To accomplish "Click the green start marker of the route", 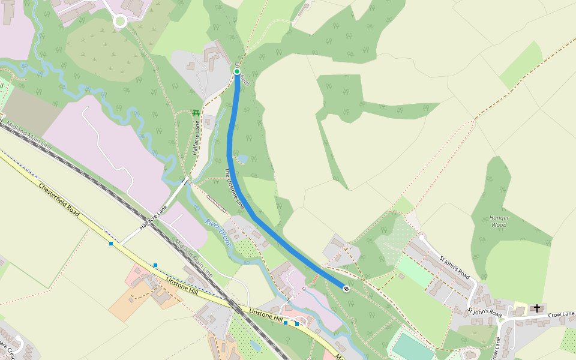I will [x=237, y=72].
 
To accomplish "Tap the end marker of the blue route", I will [x=346, y=289].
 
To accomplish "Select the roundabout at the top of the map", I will [x=119, y=21].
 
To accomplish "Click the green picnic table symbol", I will [x=196, y=113].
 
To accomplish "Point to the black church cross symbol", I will [x=537, y=308].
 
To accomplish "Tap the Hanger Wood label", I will [x=499, y=221].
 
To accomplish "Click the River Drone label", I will [x=218, y=230].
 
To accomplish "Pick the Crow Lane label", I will [x=561, y=314].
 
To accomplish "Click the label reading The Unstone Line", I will [x=234, y=188].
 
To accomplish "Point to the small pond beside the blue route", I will [x=242, y=160].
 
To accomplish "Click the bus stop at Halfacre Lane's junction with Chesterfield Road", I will [x=111, y=243].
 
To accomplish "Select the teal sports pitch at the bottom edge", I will [x=413, y=347].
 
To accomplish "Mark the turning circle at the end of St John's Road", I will [x=421, y=238].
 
